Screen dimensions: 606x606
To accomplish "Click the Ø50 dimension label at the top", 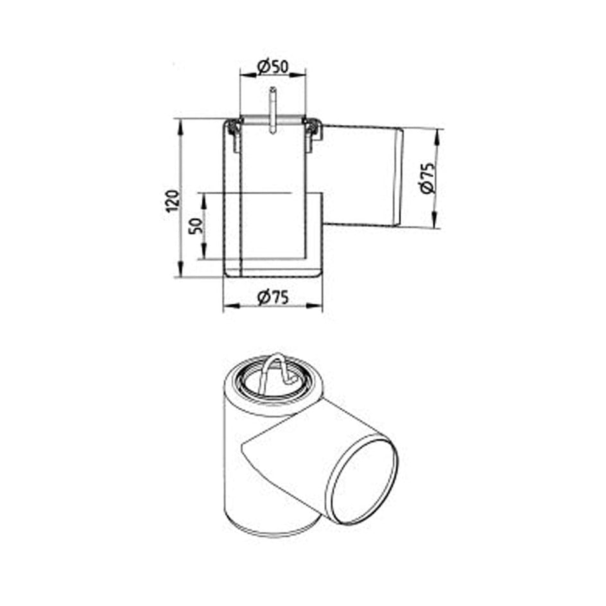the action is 273,67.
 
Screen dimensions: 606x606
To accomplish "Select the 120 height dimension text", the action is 173,200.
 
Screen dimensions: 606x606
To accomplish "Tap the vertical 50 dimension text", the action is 196,226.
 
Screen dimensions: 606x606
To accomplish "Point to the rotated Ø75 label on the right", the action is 427,178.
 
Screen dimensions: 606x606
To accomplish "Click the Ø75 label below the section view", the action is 273,297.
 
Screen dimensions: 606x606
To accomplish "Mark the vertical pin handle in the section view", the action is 273,110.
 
